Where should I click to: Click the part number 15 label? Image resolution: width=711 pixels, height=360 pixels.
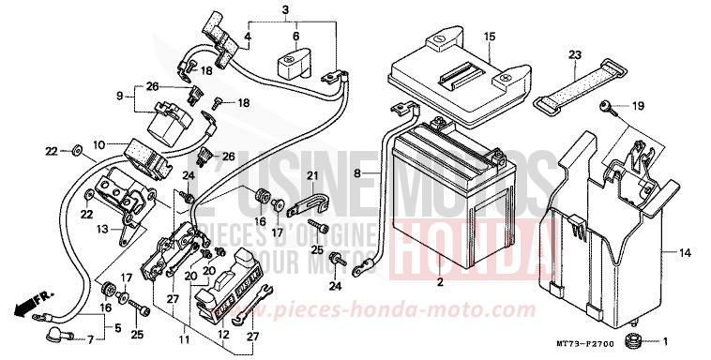[489, 37]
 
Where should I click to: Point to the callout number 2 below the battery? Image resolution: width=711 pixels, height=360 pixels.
[439, 282]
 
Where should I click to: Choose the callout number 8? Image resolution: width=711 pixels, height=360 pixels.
[356, 172]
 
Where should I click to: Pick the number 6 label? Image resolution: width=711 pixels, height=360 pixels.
[295, 37]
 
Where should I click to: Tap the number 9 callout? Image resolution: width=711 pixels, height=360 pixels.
[120, 95]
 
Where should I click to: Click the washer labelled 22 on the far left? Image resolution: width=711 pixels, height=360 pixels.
[73, 150]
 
